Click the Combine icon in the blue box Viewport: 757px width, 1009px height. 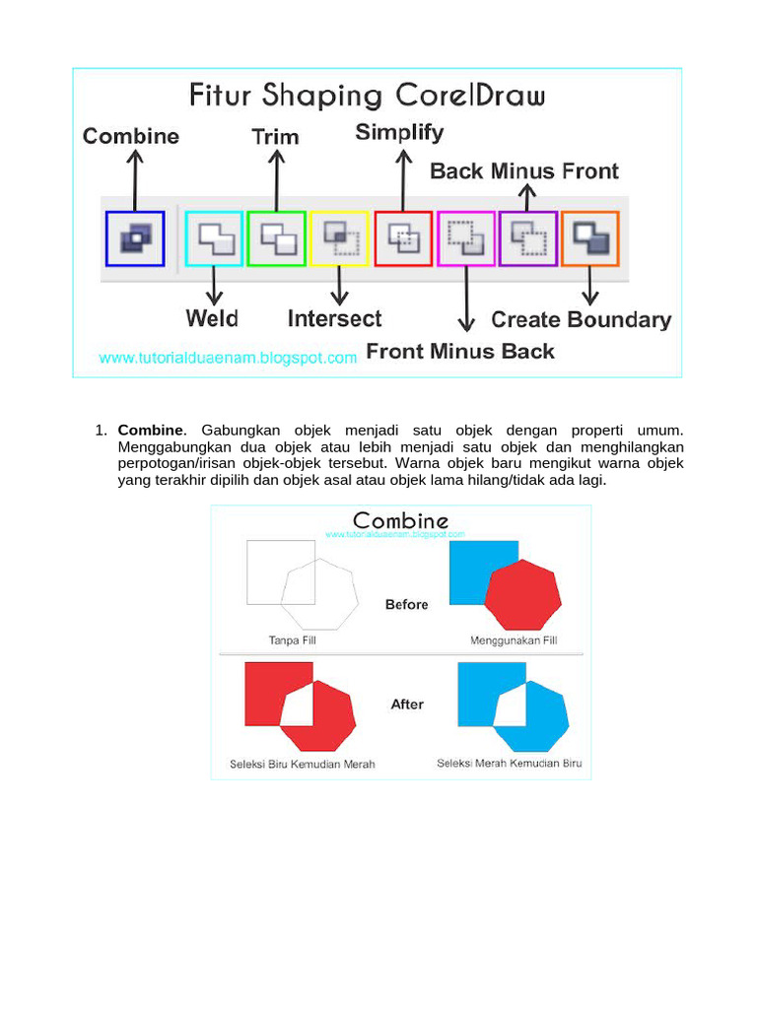click(x=135, y=237)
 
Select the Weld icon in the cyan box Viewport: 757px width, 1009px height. click(x=214, y=238)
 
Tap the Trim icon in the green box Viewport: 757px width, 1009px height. click(x=277, y=238)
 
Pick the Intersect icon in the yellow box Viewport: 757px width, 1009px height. click(x=340, y=238)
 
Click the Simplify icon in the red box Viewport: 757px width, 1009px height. click(x=403, y=238)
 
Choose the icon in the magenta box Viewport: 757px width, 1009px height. click(x=466, y=238)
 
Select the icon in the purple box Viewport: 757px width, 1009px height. click(x=528, y=238)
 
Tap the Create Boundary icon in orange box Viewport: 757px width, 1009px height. click(x=590, y=238)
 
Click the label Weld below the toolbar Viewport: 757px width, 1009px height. click(x=212, y=318)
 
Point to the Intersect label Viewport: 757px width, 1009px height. click(x=334, y=318)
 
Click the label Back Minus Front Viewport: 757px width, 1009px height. click(x=524, y=171)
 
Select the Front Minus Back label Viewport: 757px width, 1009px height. click(x=460, y=351)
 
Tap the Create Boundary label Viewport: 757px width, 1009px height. click(x=581, y=319)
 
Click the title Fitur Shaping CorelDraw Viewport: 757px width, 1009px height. click(x=367, y=96)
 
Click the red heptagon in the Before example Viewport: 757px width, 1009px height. click(x=523, y=596)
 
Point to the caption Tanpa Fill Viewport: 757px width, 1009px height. click(x=293, y=640)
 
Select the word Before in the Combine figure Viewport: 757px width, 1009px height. click(x=406, y=604)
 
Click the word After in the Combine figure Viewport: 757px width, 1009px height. click(x=407, y=705)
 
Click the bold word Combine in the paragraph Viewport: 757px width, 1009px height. click(x=150, y=431)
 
